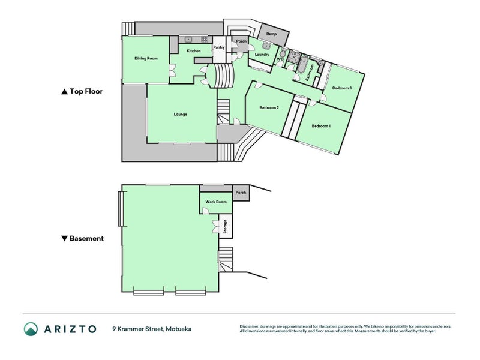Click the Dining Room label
(146, 58)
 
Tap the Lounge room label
(181, 114)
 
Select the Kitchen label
(194, 51)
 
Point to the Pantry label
(219, 47)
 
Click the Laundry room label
(262, 55)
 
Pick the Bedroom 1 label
(321, 126)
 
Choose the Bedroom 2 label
(269, 107)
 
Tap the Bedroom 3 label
(342, 88)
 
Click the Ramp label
(272, 34)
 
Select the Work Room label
(216, 202)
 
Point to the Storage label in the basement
(226, 227)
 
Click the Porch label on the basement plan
(241, 193)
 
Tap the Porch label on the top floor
(241, 41)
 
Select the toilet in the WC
(283, 54)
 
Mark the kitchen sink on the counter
(188, 39)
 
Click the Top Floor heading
(82, 91)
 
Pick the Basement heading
(83, 238)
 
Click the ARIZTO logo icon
(31, 329)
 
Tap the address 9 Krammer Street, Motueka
(152, 329)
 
